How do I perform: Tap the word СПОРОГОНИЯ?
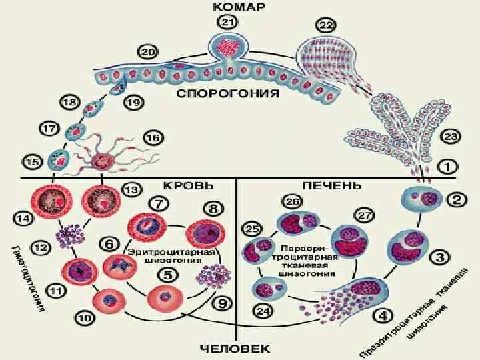point(227,95)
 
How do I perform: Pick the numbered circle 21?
point(228,24)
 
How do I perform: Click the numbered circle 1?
point(447,165)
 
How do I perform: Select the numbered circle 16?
point(152,138)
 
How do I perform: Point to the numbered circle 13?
point(133,189)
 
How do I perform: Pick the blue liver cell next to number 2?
point(417,199)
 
